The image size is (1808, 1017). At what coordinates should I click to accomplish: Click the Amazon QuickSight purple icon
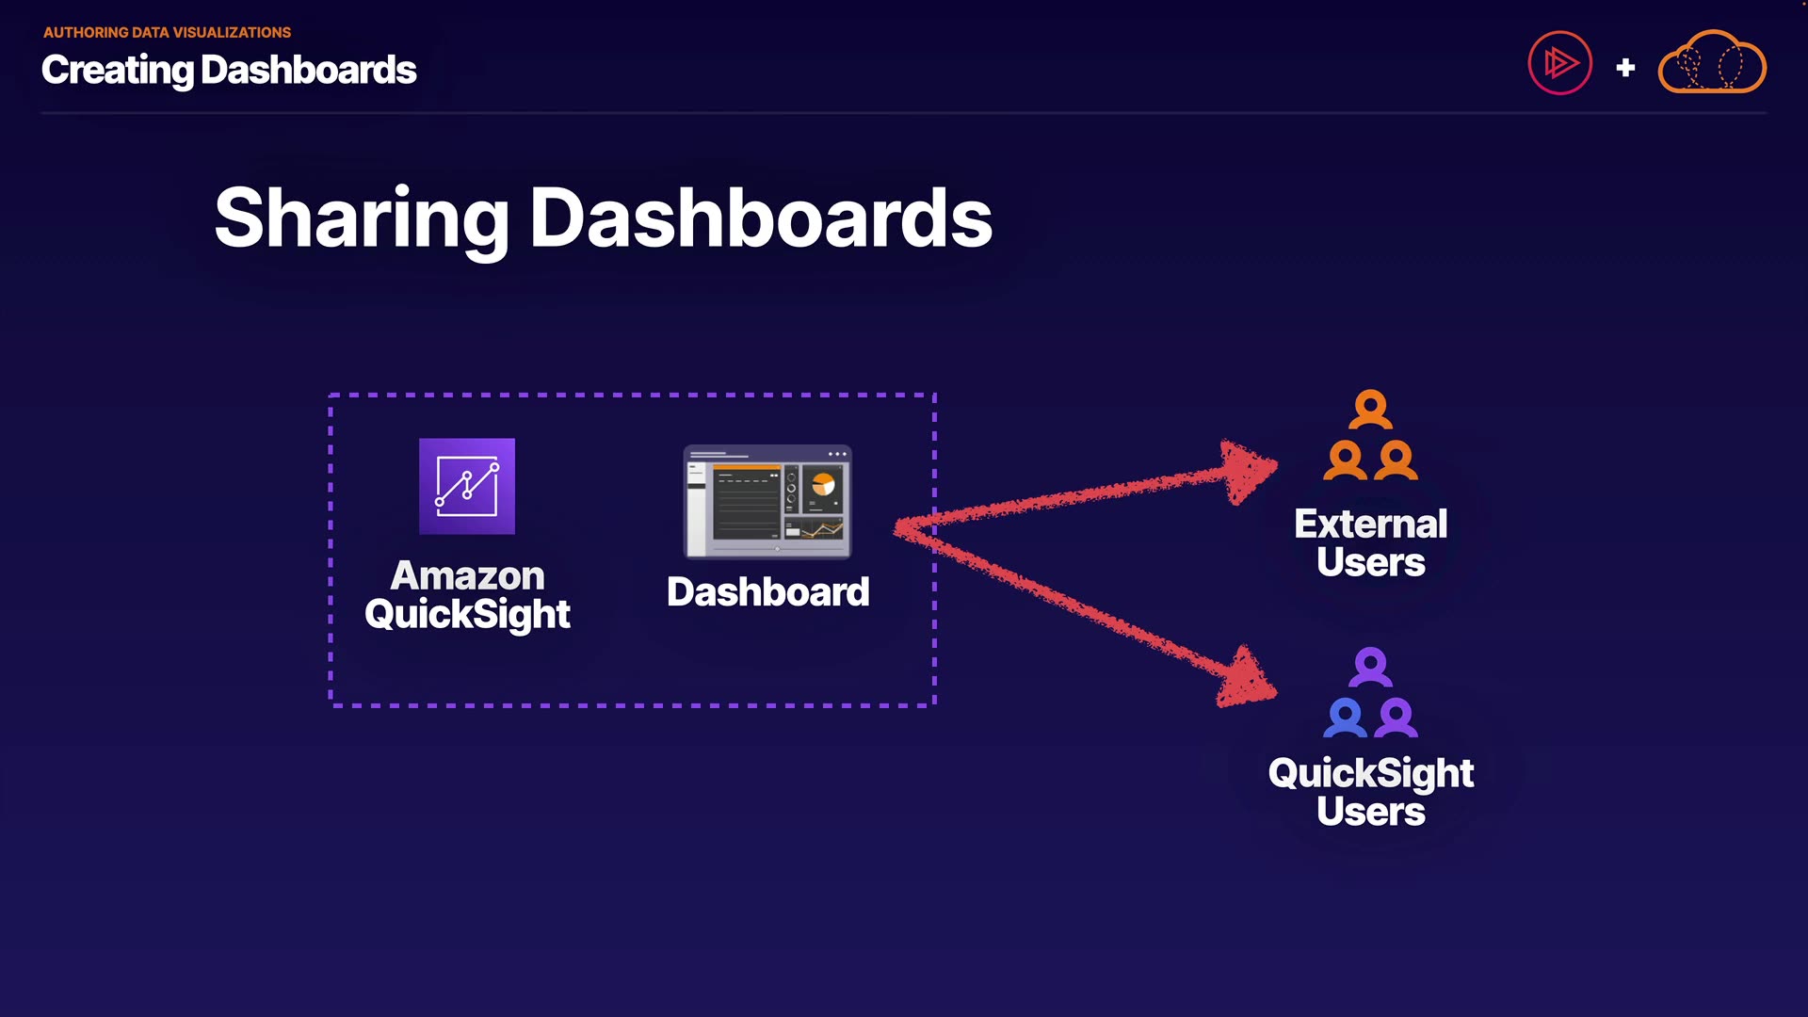click(467, 486)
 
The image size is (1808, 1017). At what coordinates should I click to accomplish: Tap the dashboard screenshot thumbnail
click(767, 501)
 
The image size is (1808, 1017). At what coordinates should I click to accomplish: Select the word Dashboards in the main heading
click(761, 218)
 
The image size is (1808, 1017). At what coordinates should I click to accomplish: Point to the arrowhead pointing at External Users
click(1249, 471)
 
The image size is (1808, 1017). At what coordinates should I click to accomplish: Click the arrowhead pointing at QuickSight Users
click(1248, 677)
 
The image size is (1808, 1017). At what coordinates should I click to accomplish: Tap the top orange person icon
click(1370, 410)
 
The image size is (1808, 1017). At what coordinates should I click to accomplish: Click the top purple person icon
click(1370, 668)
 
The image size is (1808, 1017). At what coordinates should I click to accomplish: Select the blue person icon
click(1345, 718)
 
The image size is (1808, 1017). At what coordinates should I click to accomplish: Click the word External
click(1370, 524)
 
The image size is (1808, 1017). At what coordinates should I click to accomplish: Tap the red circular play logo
click(1559, 63)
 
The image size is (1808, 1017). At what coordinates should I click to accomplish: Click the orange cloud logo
click(1712, 61)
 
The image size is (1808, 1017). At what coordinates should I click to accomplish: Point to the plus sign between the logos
click(1625, 67)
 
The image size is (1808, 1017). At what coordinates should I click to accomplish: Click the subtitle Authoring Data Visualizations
click(167, 32)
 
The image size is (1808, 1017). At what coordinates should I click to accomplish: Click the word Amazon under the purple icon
click(467, 575)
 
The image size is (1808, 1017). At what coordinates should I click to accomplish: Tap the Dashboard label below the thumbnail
click(767, 591)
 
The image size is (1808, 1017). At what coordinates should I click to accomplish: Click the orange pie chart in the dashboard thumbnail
click(823, 484)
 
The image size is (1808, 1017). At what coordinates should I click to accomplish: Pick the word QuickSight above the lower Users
click(1370, 774)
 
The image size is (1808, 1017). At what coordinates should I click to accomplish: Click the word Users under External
click(1370, 562)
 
